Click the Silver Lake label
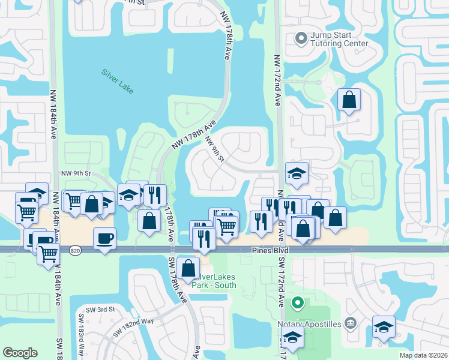(x=117, y=82)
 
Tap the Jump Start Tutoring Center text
(x=339, y=39)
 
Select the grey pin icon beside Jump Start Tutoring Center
(x=302, y=40)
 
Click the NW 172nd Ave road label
(x=277, y=80)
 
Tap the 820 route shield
(x=74, y=250)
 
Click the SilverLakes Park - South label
(x=214, y=281)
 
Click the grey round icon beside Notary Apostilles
(x=351, y=324)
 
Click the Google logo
(x=20, y=352)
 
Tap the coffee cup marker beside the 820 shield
(x=105, y=239)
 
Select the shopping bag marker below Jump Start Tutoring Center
(x=349, y=100)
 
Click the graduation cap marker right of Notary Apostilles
(x=383, y=327)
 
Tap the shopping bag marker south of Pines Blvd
(x=188, y=268)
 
